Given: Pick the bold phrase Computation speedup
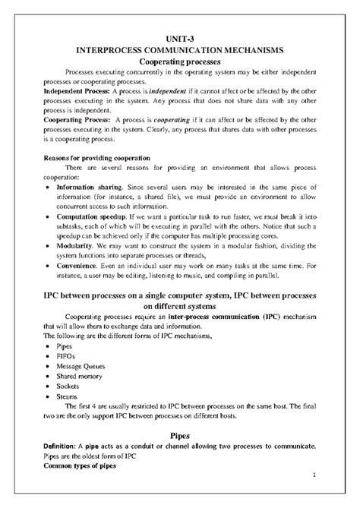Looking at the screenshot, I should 93,216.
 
